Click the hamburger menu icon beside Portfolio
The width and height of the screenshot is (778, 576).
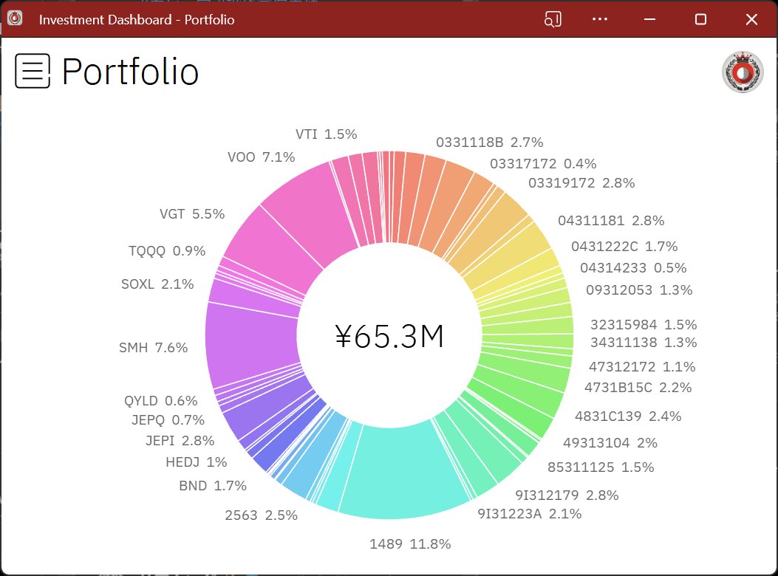(x=33, y=71)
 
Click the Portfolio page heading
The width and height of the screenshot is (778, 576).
(x=130, y=72)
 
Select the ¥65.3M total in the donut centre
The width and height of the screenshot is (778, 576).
(x=389, y=337)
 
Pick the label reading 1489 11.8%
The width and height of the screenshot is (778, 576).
(x=410, y=544)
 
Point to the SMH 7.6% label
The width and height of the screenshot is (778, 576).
(x=154, y=348)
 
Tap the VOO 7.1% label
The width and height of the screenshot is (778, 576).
(x=262, y=157)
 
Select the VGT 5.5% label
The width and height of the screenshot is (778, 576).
(x=192, y=214)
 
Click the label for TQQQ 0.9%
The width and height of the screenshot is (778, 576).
(x=167, y=250)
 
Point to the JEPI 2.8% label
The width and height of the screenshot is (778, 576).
(x=180, y=441)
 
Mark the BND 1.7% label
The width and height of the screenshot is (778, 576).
(x=213, y=486)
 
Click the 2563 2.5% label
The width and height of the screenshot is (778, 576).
(x=261, y=515)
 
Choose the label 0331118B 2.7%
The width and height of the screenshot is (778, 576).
(x=489, y=142)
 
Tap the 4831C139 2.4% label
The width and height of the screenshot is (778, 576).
(x=628, y=416)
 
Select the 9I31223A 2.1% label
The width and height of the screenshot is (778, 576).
(x=529, y=513)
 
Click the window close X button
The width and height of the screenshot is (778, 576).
(x=751, y=20)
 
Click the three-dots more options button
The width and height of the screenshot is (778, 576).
(x=600, y=20)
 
